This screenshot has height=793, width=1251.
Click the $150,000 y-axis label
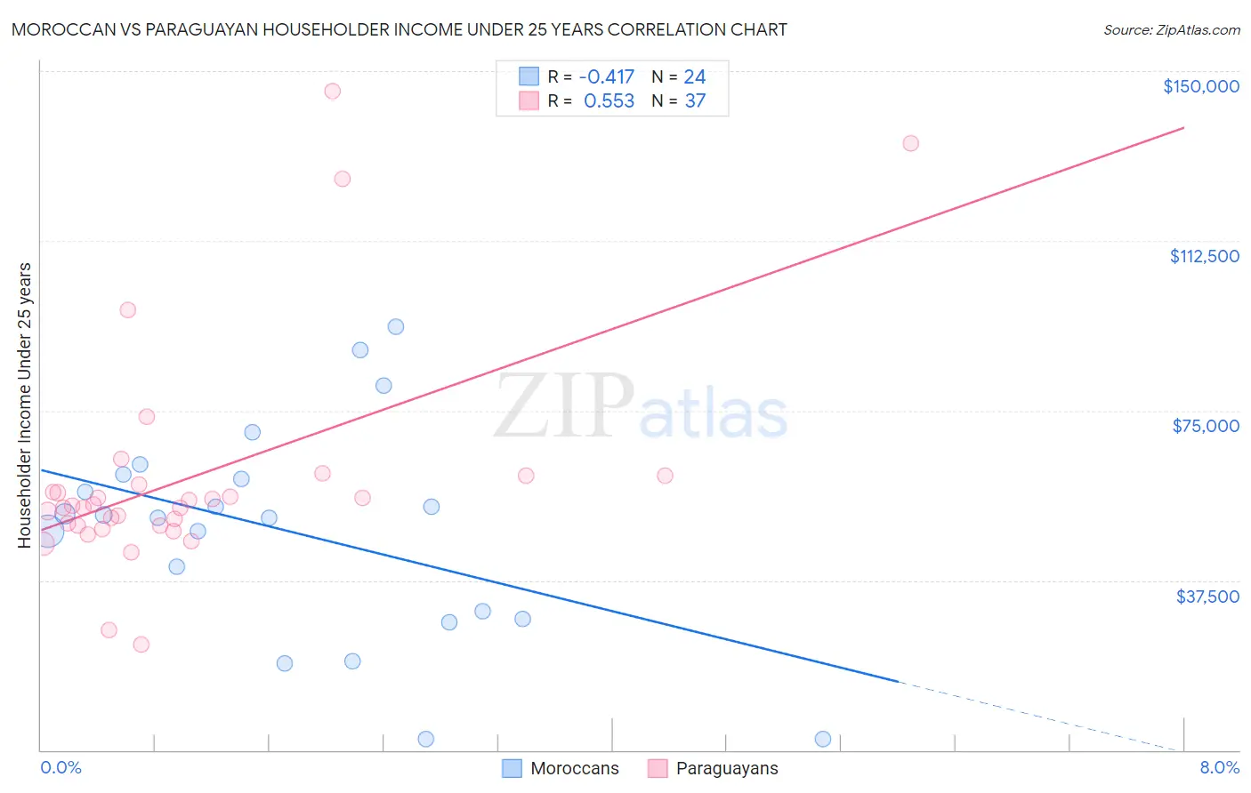pyautogui.click(x=1200, y=86)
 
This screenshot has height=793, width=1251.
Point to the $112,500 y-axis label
pyautogui.click(x=1204, y=256)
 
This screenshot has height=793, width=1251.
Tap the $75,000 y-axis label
pyautogui.click(x=1206, y=426)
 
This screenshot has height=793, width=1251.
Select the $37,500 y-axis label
pyautogui.click(x=1207, y=597)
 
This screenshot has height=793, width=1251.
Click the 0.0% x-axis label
pyautogui.click(x=61, y=767)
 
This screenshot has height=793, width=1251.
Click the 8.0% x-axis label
pyautogui.click(x=1219, y=767)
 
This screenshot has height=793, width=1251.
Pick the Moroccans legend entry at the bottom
pyautogui.click(x=561, y=768)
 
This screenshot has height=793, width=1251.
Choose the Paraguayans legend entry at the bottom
pyautogui.click(x=713, y=768)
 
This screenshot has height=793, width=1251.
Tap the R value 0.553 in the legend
pyautogui.click(x=609, y=101)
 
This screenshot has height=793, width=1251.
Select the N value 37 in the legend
pyautogui.click(x=695, y=101)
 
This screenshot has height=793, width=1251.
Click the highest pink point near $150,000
pyautogui.click(x=332, y=91)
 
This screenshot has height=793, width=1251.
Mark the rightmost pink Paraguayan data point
pyautogui.click(x=910, y=143)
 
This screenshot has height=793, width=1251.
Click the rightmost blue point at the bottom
pyautogui.click(x=823, y=739)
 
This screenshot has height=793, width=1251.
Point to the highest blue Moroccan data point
pyautogui.click(x=396, y=326)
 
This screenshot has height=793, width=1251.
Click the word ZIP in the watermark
pyautogui.click(x=563, y=406)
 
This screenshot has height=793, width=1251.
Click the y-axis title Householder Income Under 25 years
pyautogui.click(x=25, y=405)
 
